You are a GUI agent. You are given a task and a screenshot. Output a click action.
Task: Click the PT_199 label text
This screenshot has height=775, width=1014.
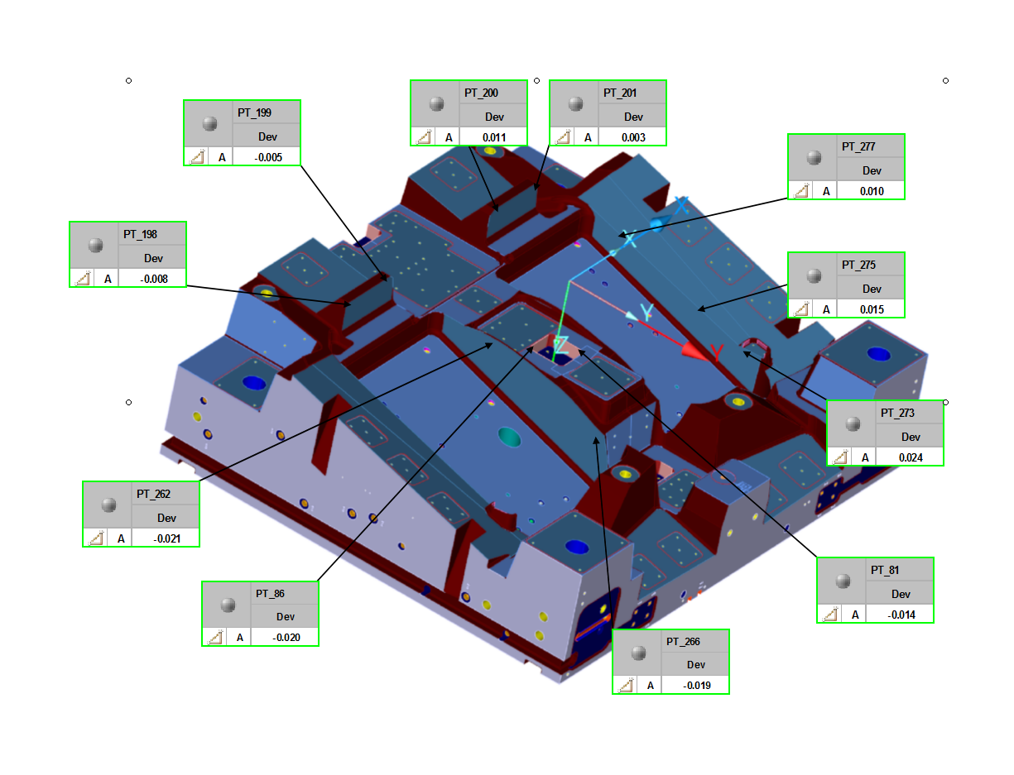tap(254, 112)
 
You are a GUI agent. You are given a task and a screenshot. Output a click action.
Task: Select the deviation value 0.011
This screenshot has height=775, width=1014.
tap(494, 137)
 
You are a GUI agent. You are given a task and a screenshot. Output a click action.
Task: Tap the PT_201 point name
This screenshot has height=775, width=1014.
tap(620, 93)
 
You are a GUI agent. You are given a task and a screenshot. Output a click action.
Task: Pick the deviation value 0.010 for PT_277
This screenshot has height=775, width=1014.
tap(872, 191)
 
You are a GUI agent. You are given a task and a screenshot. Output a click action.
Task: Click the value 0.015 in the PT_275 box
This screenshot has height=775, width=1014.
tap(872, 309)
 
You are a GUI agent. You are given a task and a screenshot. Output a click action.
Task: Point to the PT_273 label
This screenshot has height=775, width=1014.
tap(897, 413)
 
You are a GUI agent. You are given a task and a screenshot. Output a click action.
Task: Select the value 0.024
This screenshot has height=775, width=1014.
tap(910, 457)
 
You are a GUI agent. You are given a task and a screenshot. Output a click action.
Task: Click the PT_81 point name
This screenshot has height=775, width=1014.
tap(885, 570)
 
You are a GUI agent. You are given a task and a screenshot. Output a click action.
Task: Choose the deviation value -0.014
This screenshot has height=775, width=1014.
tap(901, 615)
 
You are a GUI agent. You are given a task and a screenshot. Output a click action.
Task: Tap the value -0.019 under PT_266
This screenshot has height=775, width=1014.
tap(697, 686)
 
